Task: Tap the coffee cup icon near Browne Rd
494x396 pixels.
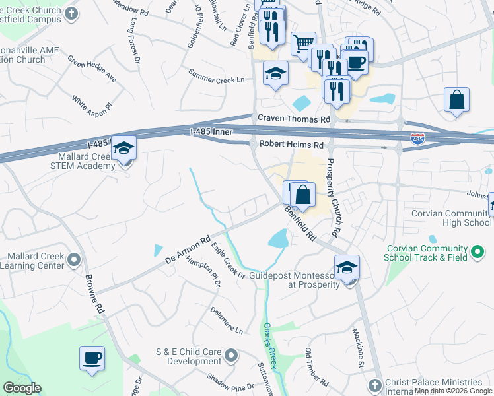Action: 92,359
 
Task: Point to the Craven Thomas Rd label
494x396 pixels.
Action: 293,119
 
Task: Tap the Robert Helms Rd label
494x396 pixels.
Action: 291,145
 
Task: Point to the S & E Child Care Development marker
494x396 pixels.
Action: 230,356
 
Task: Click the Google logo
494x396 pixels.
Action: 22,388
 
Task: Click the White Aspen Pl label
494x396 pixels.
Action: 92,104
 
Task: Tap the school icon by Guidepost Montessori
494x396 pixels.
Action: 347,268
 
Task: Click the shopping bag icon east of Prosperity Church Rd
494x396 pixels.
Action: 456,100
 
